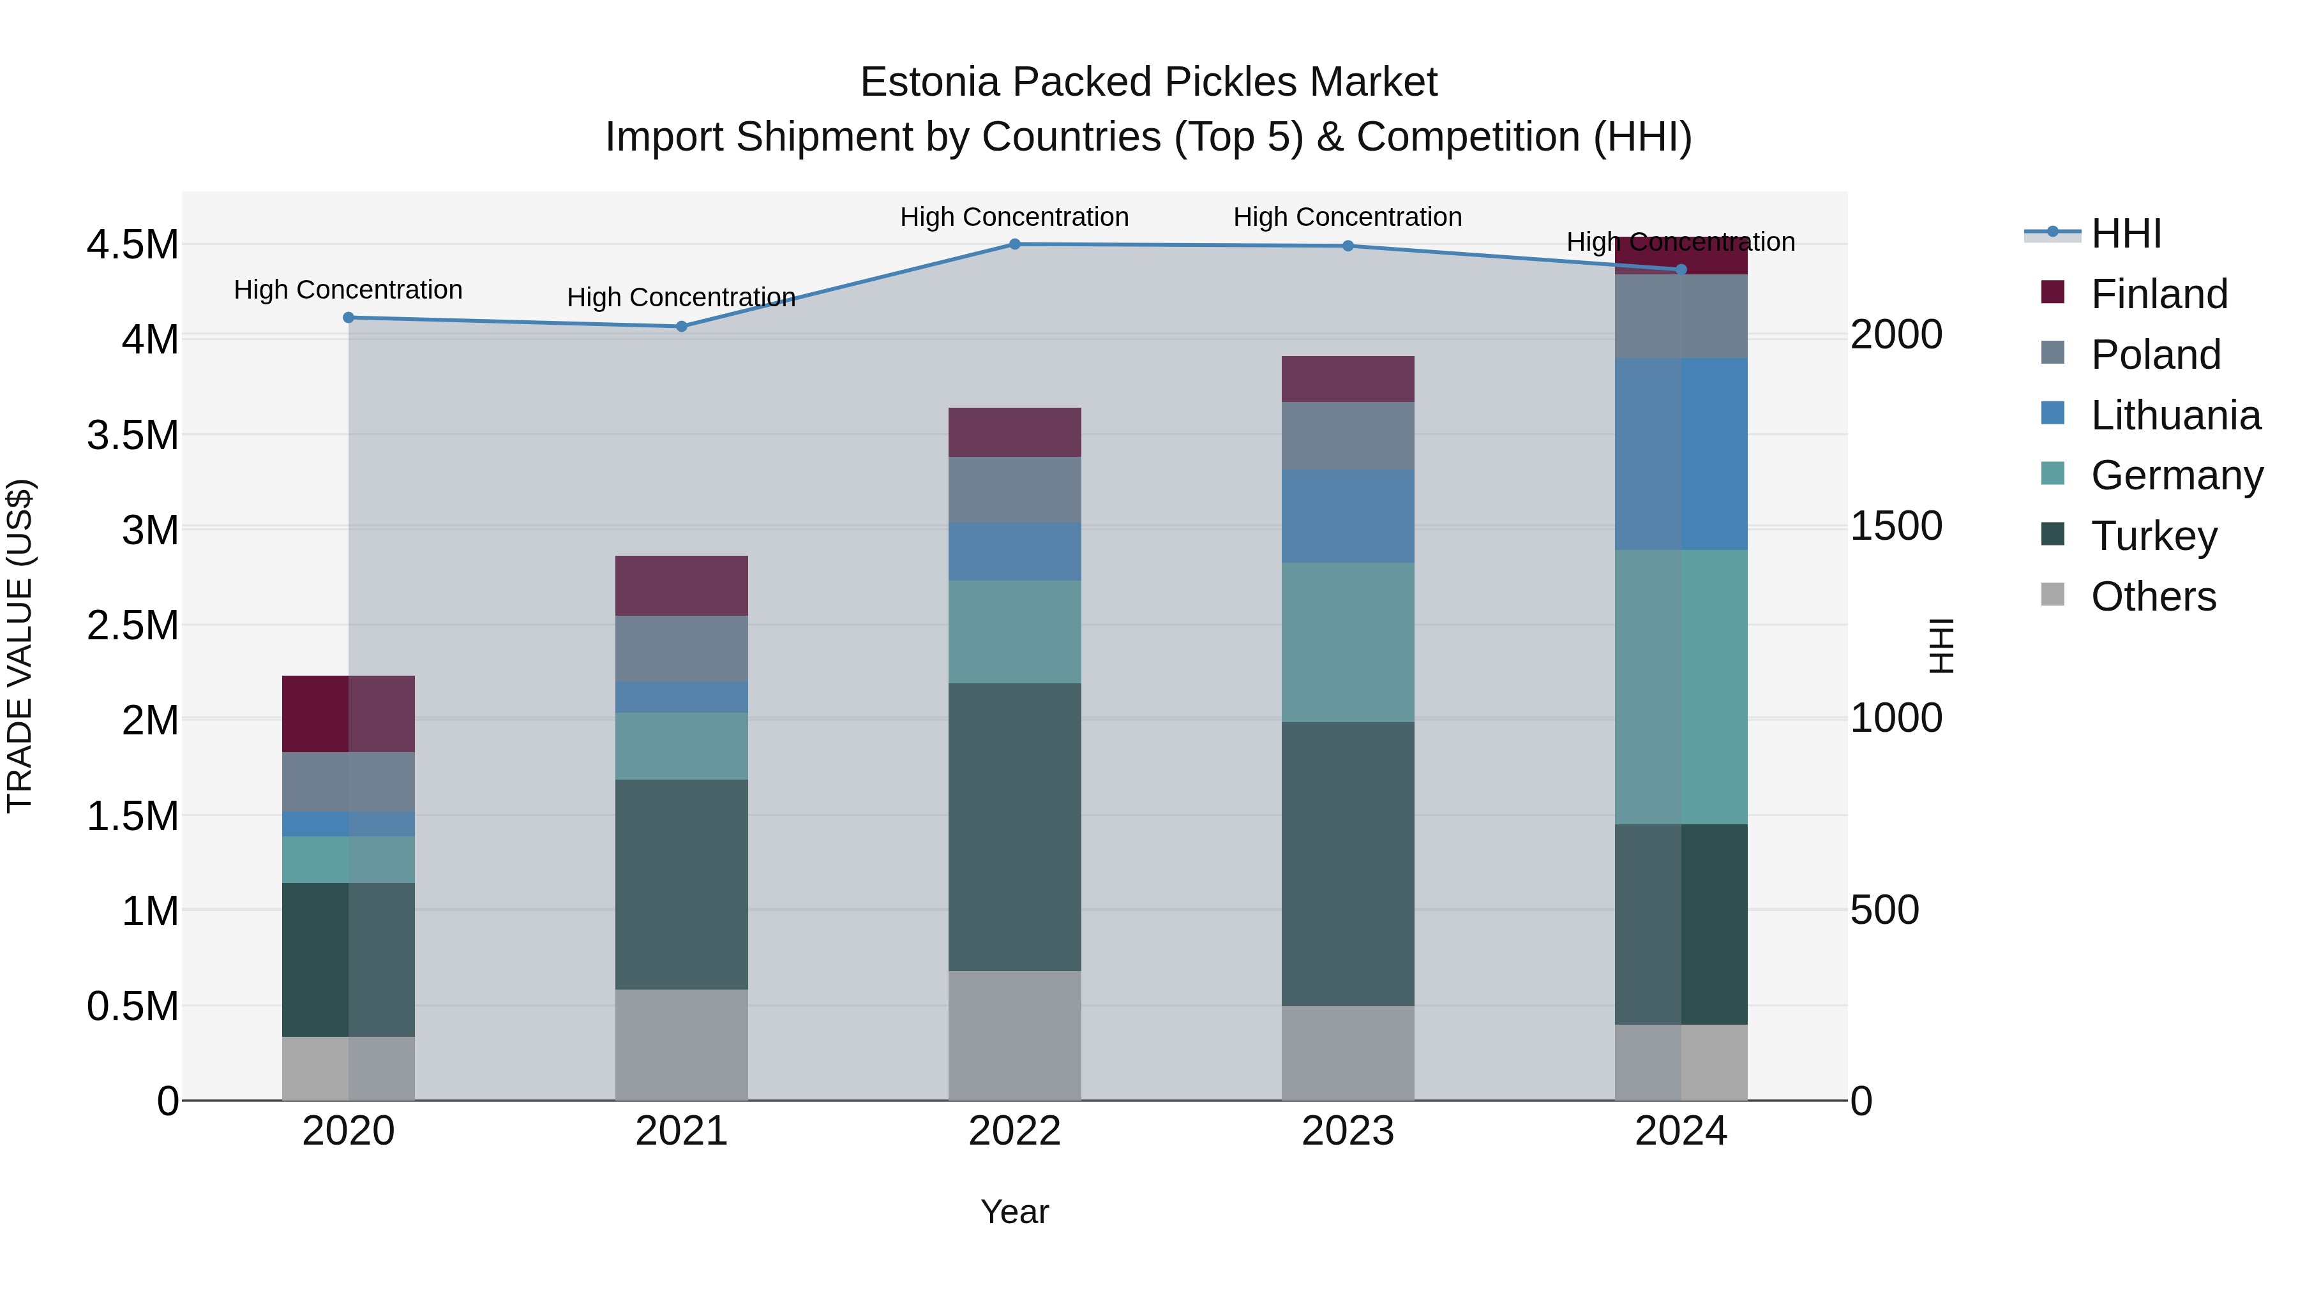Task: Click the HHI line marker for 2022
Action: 1014,244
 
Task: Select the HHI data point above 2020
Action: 349,318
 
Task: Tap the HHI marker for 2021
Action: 682,326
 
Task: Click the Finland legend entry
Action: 2159,294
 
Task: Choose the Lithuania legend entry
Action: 2175,415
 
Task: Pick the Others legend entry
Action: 2152,597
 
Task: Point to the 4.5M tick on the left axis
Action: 133,245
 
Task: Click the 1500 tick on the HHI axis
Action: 1896,526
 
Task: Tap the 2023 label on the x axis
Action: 1347,1131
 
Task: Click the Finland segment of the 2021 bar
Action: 682,586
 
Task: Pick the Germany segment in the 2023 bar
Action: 1347,642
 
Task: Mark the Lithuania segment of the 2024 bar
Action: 1681,454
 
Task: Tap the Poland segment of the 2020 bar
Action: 349,782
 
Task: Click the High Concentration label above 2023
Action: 1347,217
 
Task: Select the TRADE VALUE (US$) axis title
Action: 20,646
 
